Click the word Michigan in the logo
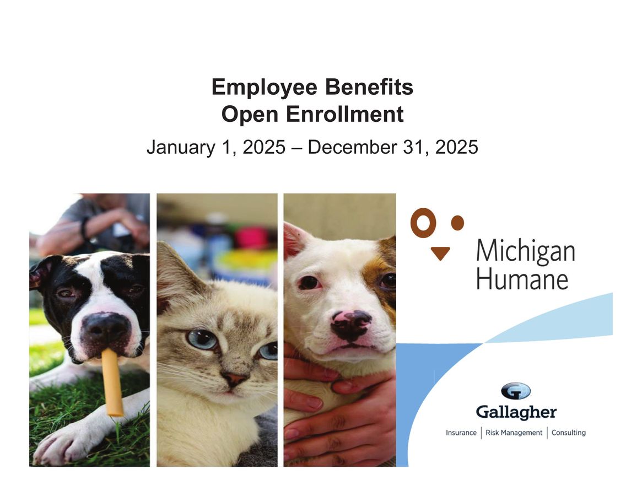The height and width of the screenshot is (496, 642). (525, 252)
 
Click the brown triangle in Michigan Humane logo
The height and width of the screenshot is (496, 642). (440, 253)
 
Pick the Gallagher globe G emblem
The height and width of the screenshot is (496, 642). (516, 391)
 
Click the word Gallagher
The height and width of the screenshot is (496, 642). (516, 412)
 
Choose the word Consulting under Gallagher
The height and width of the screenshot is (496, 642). (568, 433)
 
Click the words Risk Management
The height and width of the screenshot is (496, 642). (514, 433)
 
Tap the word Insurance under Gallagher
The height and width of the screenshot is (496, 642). (461, 433)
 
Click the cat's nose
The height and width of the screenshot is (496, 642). (235, 379)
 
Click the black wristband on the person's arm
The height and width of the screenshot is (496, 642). (84, 228)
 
